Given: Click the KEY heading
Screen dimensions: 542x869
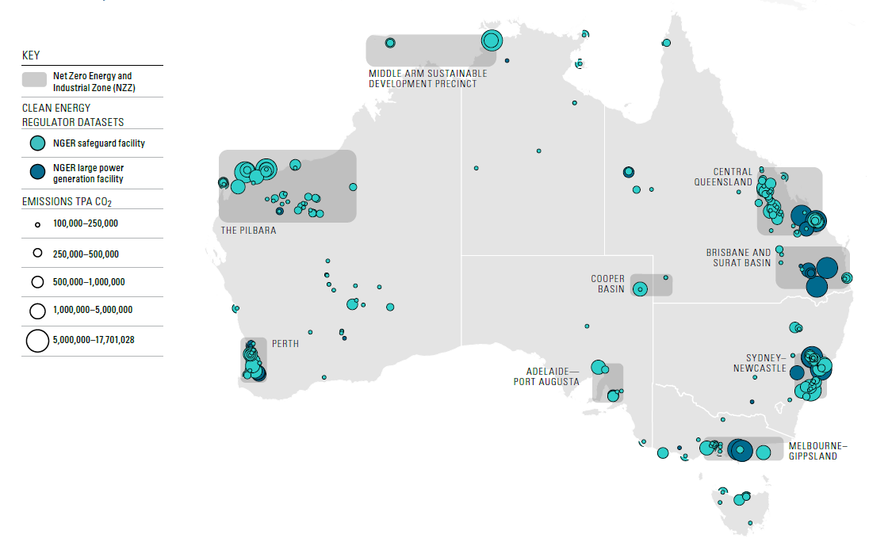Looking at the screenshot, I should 32,55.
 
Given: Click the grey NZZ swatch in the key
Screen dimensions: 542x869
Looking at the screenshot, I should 35,81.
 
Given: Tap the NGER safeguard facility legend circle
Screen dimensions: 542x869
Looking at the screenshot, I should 36,143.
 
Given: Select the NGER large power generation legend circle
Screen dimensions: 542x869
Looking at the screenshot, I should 36,173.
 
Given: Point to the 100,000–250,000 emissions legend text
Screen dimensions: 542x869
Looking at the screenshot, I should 86,223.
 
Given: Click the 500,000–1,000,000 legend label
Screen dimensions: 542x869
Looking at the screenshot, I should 89,281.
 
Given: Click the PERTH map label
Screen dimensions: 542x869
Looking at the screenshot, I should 285,345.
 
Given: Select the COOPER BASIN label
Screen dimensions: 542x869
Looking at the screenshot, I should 608,284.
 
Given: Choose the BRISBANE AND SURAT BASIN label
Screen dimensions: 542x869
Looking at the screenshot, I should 738,258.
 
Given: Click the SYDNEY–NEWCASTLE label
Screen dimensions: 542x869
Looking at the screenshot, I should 766,362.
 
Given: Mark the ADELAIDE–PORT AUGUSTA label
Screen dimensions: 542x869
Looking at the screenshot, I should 553,376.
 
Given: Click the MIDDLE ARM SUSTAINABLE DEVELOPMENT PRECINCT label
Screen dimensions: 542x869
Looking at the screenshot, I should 427,78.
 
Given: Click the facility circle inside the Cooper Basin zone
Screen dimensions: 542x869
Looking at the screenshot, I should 640,289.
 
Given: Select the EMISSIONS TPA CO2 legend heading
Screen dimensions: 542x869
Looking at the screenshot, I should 61,202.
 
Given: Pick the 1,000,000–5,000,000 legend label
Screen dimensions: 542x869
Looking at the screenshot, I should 93,310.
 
